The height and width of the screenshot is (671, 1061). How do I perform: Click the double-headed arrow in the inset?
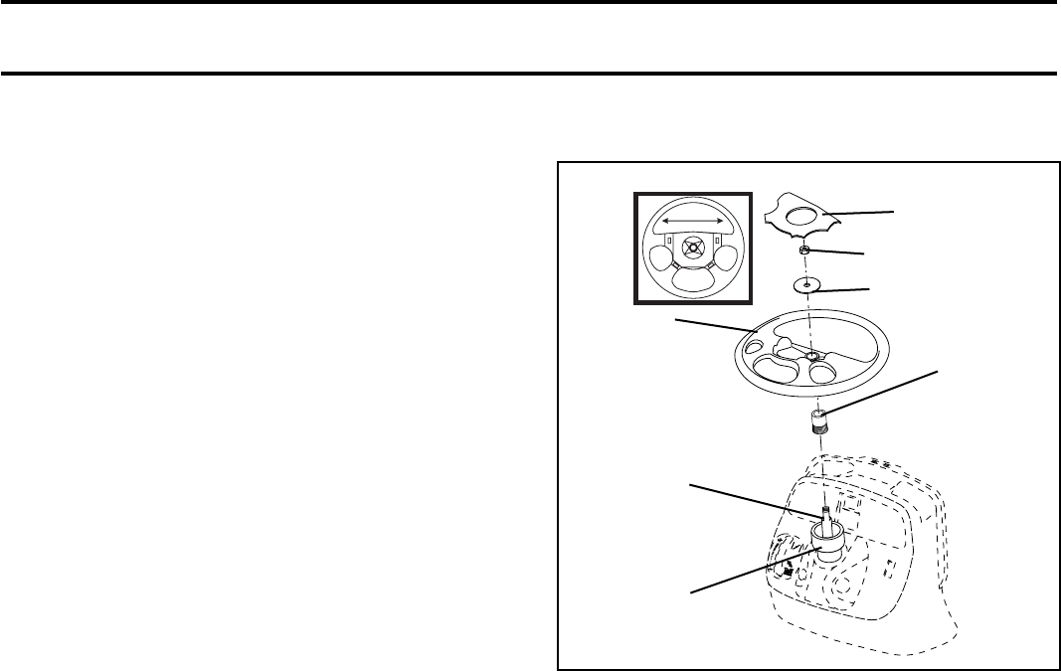tap(694, 220)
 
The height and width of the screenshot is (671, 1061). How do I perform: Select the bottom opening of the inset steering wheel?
tap(693, 282)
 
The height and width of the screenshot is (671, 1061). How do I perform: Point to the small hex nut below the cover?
tap(807, 250)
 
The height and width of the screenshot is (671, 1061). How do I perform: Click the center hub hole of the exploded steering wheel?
tap(812, 356)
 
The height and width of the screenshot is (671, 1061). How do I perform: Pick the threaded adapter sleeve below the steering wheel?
tap(817, 424)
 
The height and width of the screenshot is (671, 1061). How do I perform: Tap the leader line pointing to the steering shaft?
tap(756, 500)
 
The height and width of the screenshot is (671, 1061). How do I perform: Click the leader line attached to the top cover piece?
tap(861, 211)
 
